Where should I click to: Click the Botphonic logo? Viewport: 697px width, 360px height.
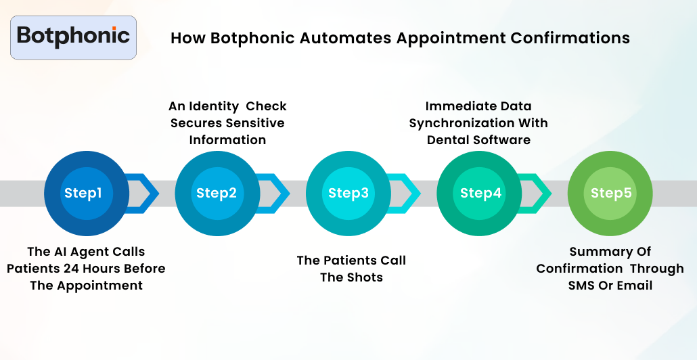pyautogui.click(x=73, y=37)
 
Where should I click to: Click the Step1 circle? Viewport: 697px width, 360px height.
pyautogui.click(x=83, y=194)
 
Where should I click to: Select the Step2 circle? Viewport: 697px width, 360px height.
pyautogui.click(x=217, y=194)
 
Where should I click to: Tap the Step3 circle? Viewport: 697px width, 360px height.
pyautogui.click(x=348, y=194)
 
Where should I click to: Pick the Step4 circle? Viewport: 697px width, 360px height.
pyautogui.click(x=480, y=194)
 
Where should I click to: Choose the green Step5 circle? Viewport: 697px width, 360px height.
pyautogui.click(x=611, y=194)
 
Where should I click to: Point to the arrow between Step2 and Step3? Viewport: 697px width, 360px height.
pyautogui.click(x=276, y=194)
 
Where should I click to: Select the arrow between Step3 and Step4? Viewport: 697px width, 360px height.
pyautogui.click(x=407, y=194)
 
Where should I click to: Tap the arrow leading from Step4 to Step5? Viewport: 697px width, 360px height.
pyautogui.click(x=539, y=194)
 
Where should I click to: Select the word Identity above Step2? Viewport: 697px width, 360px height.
pyautogui.click(x=213, y=106)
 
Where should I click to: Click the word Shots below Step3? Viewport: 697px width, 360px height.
pyautogui.click(x=365, y=277)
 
